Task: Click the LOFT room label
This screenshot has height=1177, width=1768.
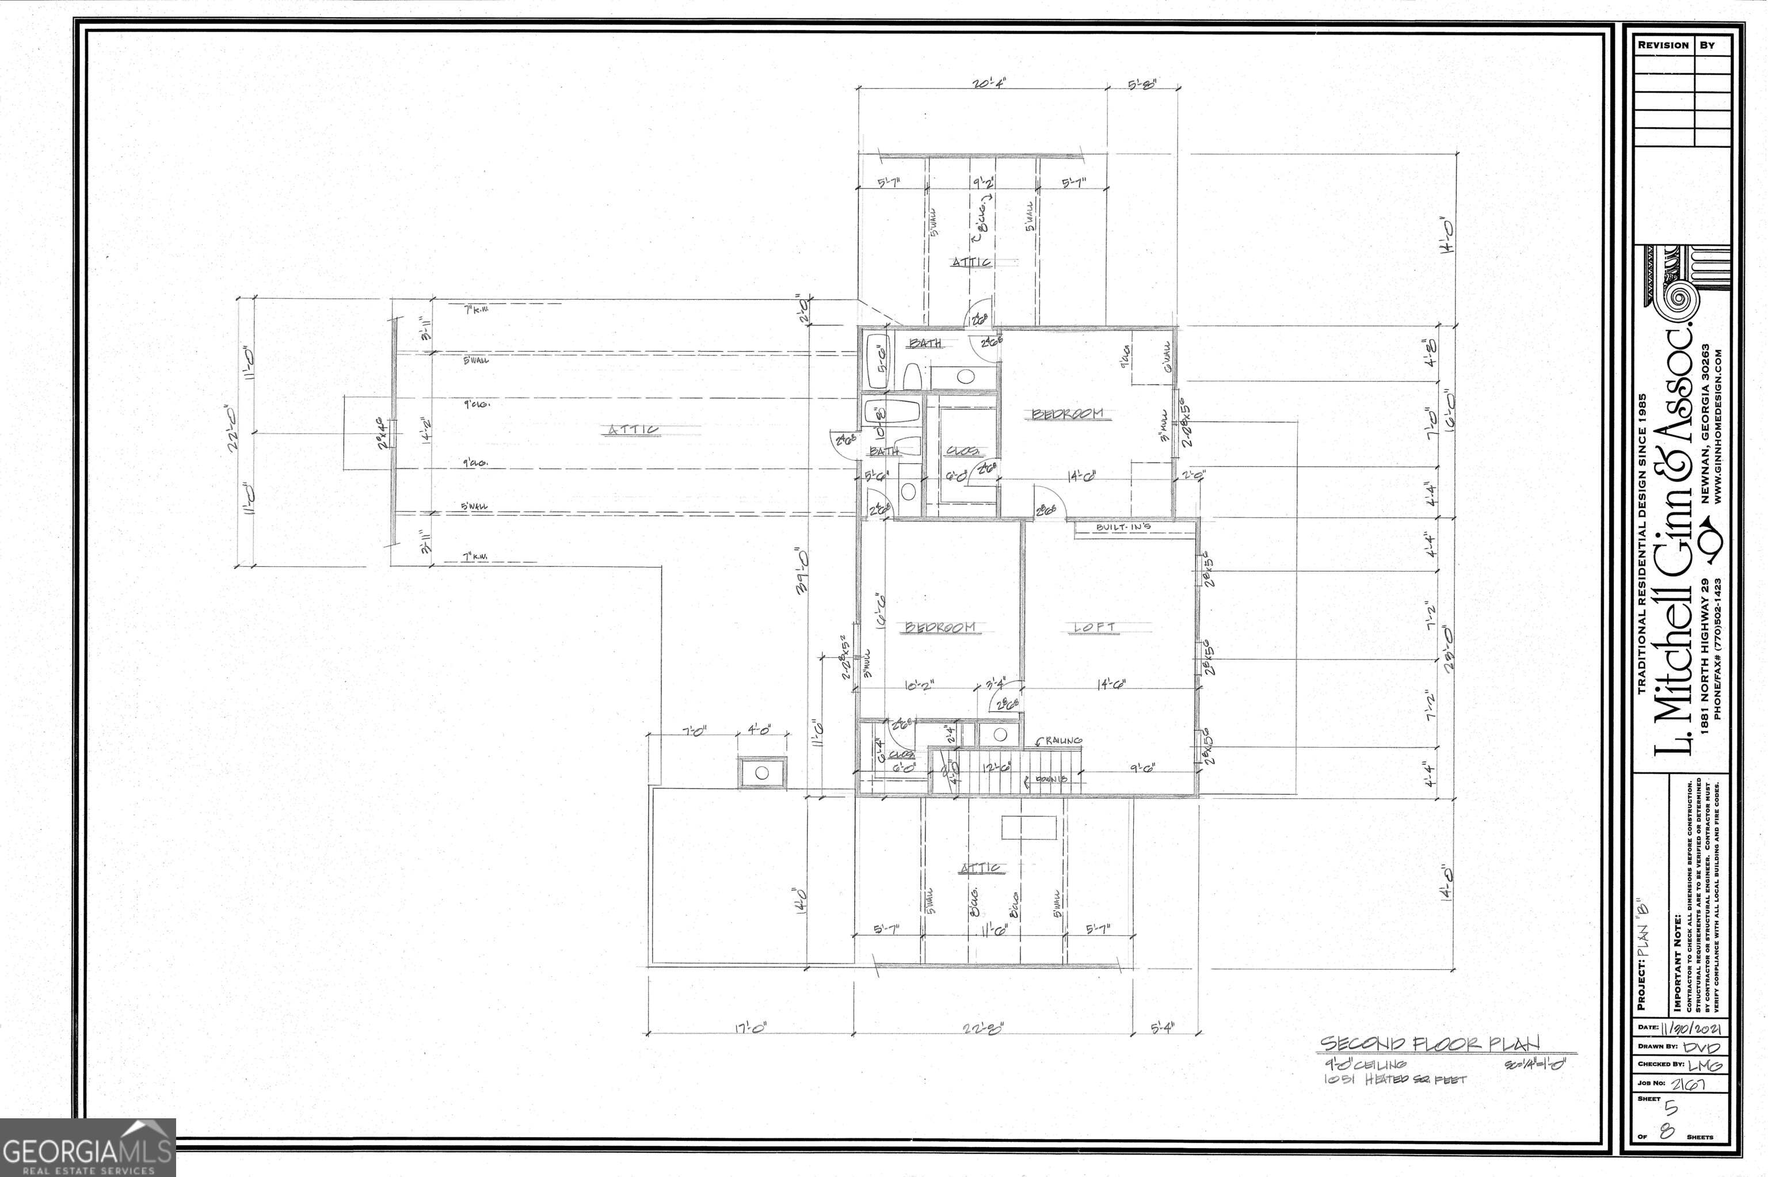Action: (1094, 627)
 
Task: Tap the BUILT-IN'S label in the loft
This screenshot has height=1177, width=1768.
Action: (1123, 528)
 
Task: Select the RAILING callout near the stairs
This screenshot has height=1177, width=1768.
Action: (1060, 740)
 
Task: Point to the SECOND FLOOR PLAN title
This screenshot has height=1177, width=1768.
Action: (1430, 1044)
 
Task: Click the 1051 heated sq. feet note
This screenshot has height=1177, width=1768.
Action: (1394, 1079)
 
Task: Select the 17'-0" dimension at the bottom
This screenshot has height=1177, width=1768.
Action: (750, 1029)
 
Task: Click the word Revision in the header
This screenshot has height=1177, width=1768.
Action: (1663, 45)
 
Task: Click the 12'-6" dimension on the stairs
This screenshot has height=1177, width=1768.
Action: (996, 767)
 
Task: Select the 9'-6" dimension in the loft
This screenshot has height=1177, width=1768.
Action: (1142, 768)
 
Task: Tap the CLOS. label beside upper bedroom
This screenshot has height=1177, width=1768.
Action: (963, 451)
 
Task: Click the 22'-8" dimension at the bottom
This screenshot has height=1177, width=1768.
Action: (982, 1029)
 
